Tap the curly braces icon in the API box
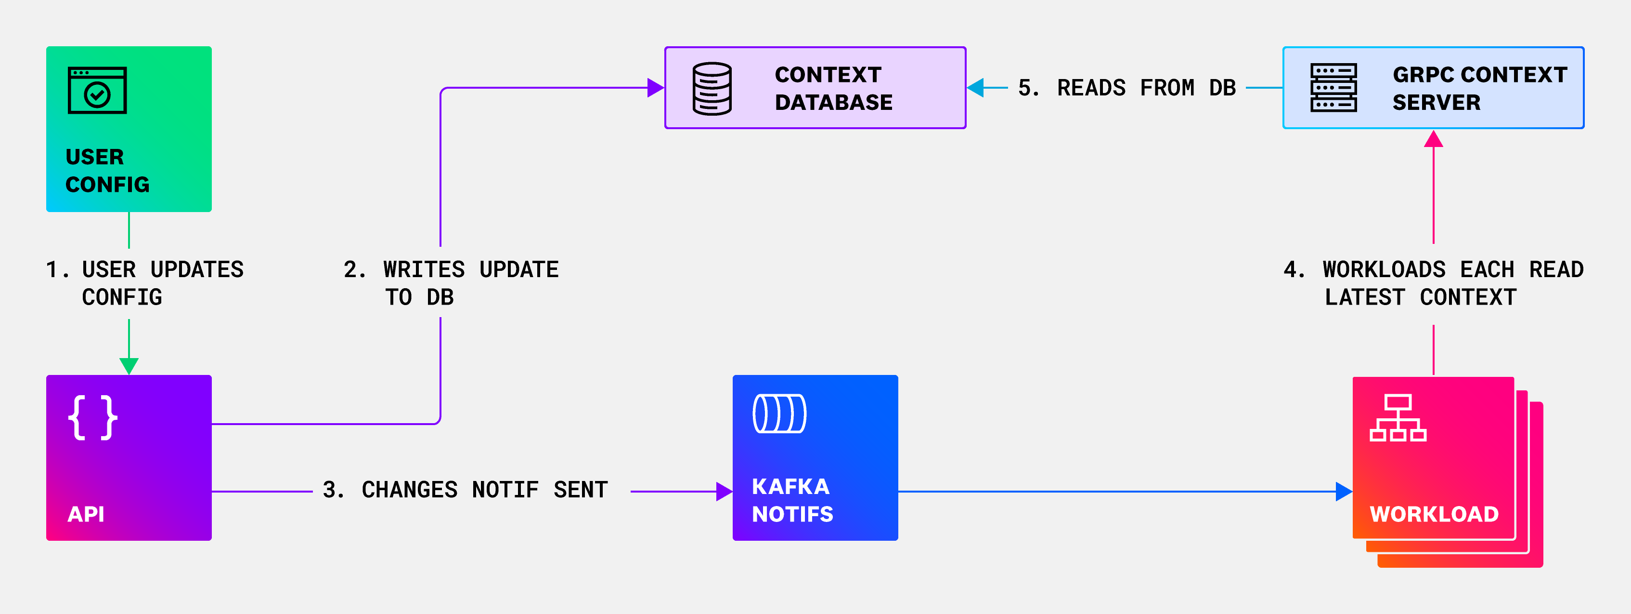(x=92, y=417)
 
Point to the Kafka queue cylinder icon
(x=779, y=414)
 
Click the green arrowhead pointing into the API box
(x=129, y=366)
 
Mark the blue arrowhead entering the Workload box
(x=1343, y=491)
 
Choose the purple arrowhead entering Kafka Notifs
(x=724, y=491)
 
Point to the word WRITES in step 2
(x=424, y=270)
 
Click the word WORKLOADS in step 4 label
(x=1384, y=270)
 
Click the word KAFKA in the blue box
(x=790, y=487)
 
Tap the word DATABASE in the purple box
(x=833, y=103)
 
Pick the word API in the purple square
(x=86, y=514)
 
